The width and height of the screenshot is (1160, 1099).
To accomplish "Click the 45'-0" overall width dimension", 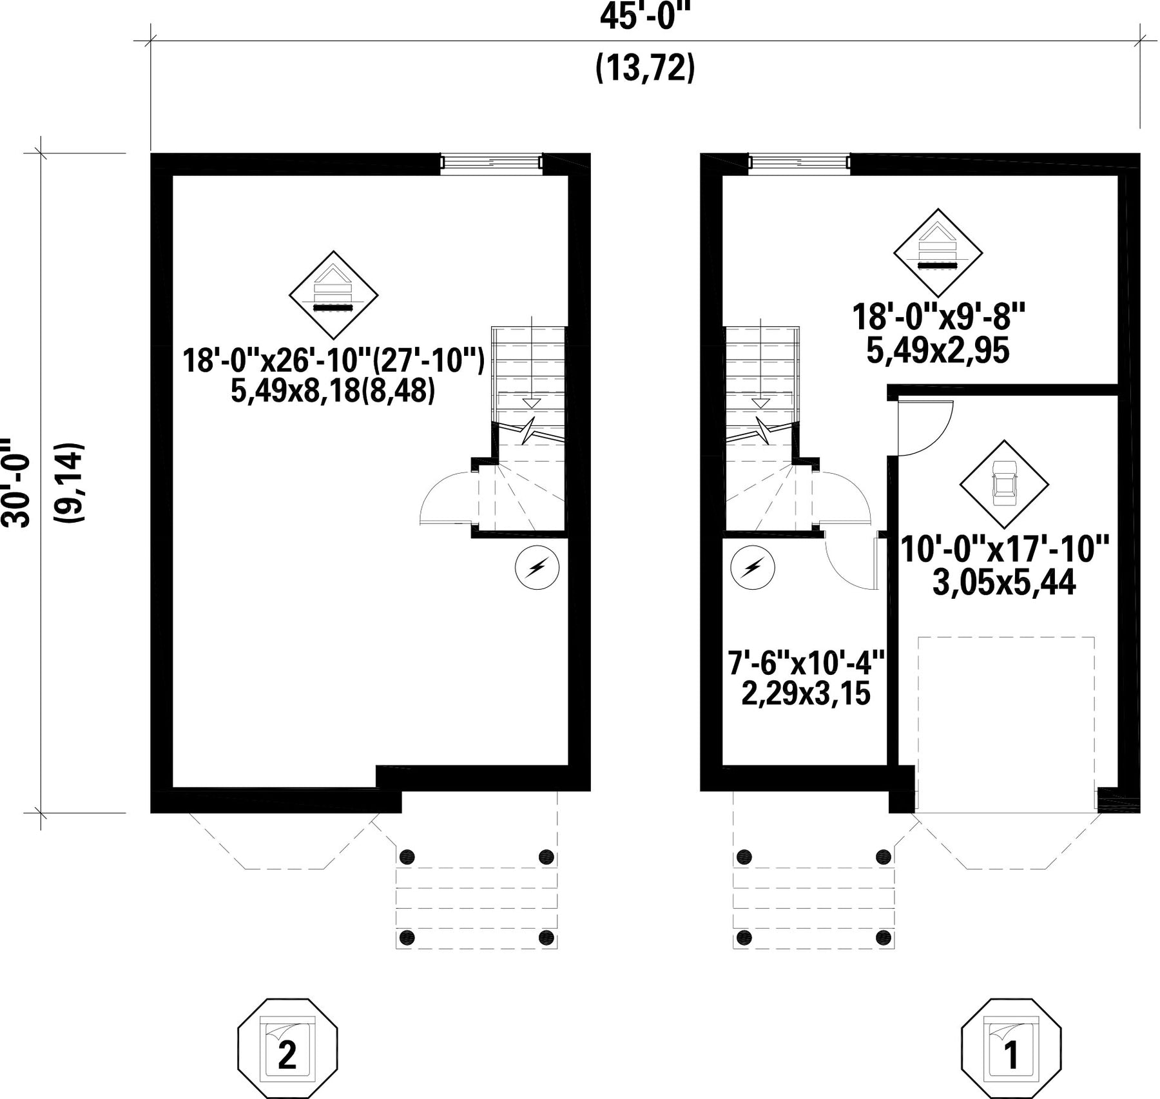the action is pos(645,17).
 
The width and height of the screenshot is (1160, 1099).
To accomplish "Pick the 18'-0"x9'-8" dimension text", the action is pos(938,317).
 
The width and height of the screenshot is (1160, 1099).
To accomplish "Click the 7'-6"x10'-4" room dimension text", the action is pos(806,663).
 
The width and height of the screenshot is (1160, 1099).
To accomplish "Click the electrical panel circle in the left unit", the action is pos(537,568).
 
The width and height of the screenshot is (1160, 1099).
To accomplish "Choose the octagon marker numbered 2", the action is pos(287,1049).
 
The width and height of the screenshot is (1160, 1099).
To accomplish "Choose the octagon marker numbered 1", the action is pos(1011,1049).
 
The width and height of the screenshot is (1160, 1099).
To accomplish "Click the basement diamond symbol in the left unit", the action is pos(333,295).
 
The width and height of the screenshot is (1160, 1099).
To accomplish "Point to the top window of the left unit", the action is pos(492,164).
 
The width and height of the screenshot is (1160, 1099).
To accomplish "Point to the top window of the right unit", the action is pos(799,164).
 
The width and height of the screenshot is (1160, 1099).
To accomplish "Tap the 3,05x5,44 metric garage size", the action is pos(1004,584).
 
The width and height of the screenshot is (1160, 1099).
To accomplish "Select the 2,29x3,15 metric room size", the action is pos(806,695).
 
